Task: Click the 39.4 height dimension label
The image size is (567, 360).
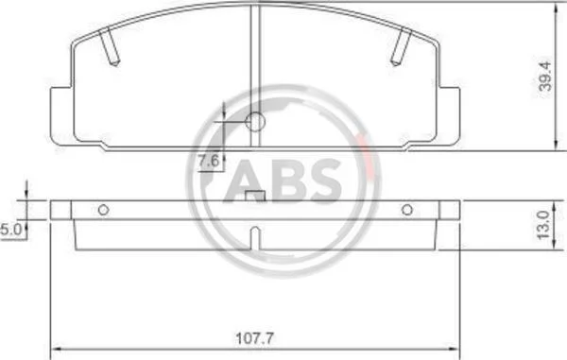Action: [545, 76]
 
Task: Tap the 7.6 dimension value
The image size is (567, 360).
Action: [209, 161]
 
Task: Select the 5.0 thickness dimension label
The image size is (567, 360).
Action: [10, 230]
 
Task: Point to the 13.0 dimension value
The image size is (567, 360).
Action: [543, 225]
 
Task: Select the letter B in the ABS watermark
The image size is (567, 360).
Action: [288, 180]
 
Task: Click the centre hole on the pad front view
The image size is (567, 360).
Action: [255, 122]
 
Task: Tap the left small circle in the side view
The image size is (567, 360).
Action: [103, 210]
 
